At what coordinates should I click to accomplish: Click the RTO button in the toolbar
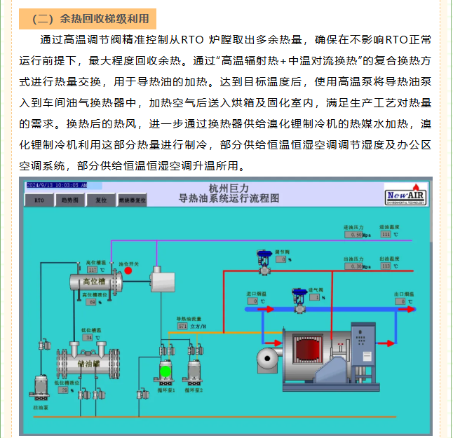(x=39, y=200)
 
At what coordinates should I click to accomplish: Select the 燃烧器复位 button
(x=133, y=200)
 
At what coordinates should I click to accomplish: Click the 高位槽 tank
(x=96, y=282)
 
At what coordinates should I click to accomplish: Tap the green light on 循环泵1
(x=165, y=369)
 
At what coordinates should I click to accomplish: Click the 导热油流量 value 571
(x=183, y=326)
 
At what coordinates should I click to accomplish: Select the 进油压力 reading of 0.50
(x=356, y=235)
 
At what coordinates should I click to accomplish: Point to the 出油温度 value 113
(x=386, y=266)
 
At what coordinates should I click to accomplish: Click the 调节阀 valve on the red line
(x=265, y=261)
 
